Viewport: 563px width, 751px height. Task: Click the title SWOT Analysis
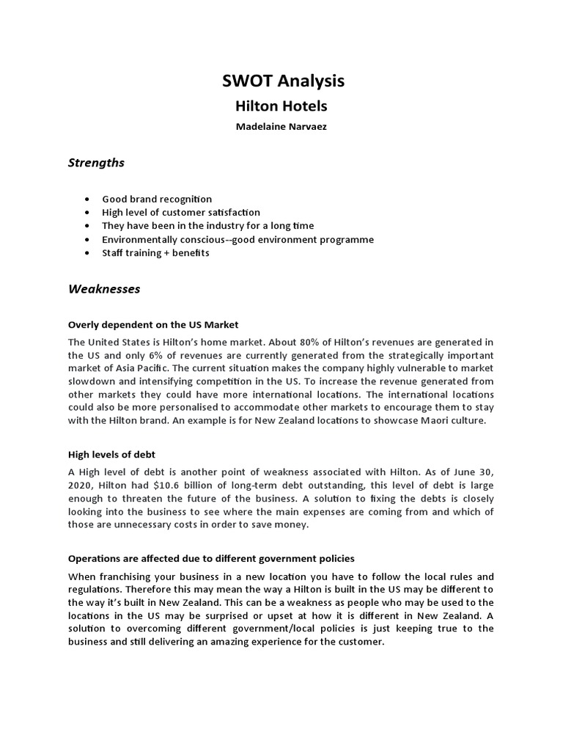tap(283, 81)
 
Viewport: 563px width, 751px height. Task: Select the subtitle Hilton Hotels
tap(281, 106)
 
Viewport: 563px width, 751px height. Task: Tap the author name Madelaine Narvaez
tap(281, 127)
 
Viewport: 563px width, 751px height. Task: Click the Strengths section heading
tap(96, 163)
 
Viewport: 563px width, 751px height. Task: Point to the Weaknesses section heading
tap(104, 289)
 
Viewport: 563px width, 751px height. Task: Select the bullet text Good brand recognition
tap(157, 199)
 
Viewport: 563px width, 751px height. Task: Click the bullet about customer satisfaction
tap(181, 212)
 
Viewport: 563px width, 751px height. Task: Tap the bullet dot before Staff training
tap(89, 253)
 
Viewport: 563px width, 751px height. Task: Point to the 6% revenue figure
tap(150, 355)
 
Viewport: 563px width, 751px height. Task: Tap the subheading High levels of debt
tap(111, 455)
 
